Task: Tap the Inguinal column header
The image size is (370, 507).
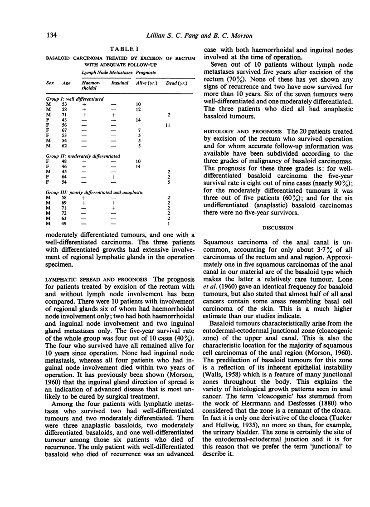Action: point(119,83)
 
